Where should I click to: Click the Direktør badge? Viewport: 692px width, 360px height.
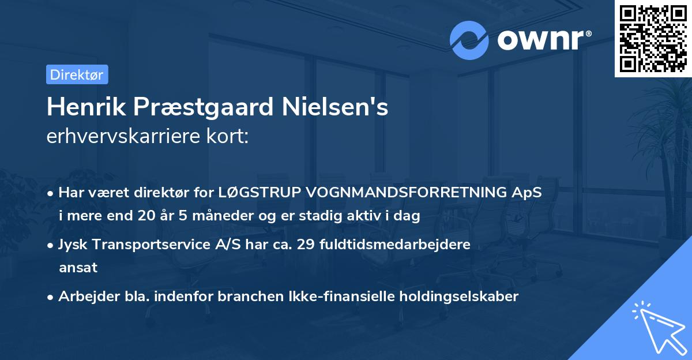click(76, 74)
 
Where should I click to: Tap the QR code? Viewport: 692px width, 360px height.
click(653, 39)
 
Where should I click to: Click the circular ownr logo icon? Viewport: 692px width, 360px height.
click(469, 40)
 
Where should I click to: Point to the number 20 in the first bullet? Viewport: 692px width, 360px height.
click(146, 216)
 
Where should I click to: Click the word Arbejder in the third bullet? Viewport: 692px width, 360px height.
click(84, 297)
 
